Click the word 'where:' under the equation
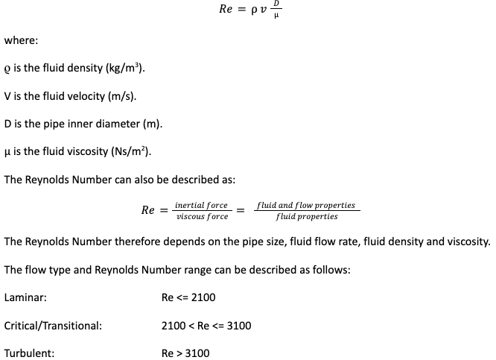(x=22, y=42)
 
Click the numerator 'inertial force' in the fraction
(x=201, y=204)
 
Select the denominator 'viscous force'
(x=202, y=217)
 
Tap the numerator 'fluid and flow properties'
(x=306, y=204)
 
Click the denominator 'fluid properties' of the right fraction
(x=306, y=217)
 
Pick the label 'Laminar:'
(x=25, y=297)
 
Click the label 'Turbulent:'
(x=29, y=353)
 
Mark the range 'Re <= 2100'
(x=188, y=297)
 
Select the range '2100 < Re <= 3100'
(x=206, y=326)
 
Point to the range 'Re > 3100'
(x=185, y=353)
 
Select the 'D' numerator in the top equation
(x=278, y=4)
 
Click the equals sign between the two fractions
(x=241, y=210)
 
